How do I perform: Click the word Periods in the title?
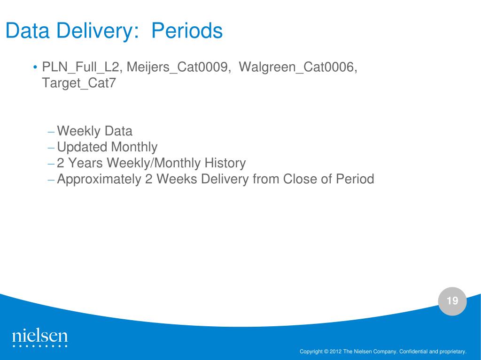click(187, 30)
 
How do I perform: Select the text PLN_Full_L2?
click(80, 67)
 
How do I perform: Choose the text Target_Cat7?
click(78, 83)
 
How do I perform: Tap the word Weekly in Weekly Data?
click(79, 131)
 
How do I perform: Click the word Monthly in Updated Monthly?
click(134, 147)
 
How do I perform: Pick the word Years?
click(85, 163)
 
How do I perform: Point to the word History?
click(225, 163)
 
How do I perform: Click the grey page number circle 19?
click(452, 301)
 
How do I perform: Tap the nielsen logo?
click(39, 338)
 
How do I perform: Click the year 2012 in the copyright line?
click(335, 352)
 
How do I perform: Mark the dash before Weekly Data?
click(51, 132)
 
